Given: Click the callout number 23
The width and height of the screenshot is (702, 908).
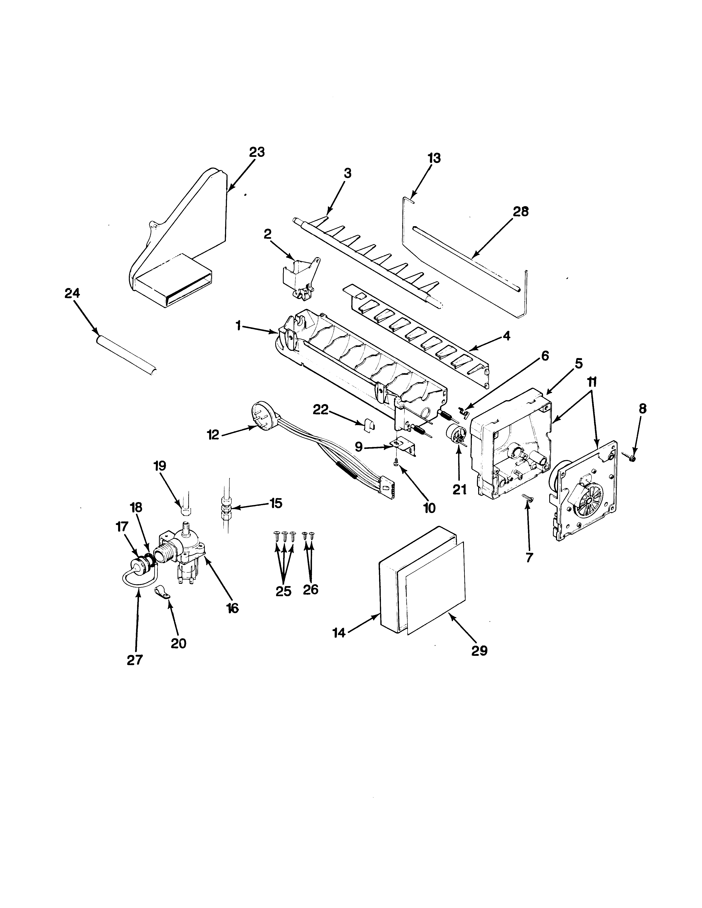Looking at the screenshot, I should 257,152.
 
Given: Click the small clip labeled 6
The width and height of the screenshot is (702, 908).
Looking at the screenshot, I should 465,412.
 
